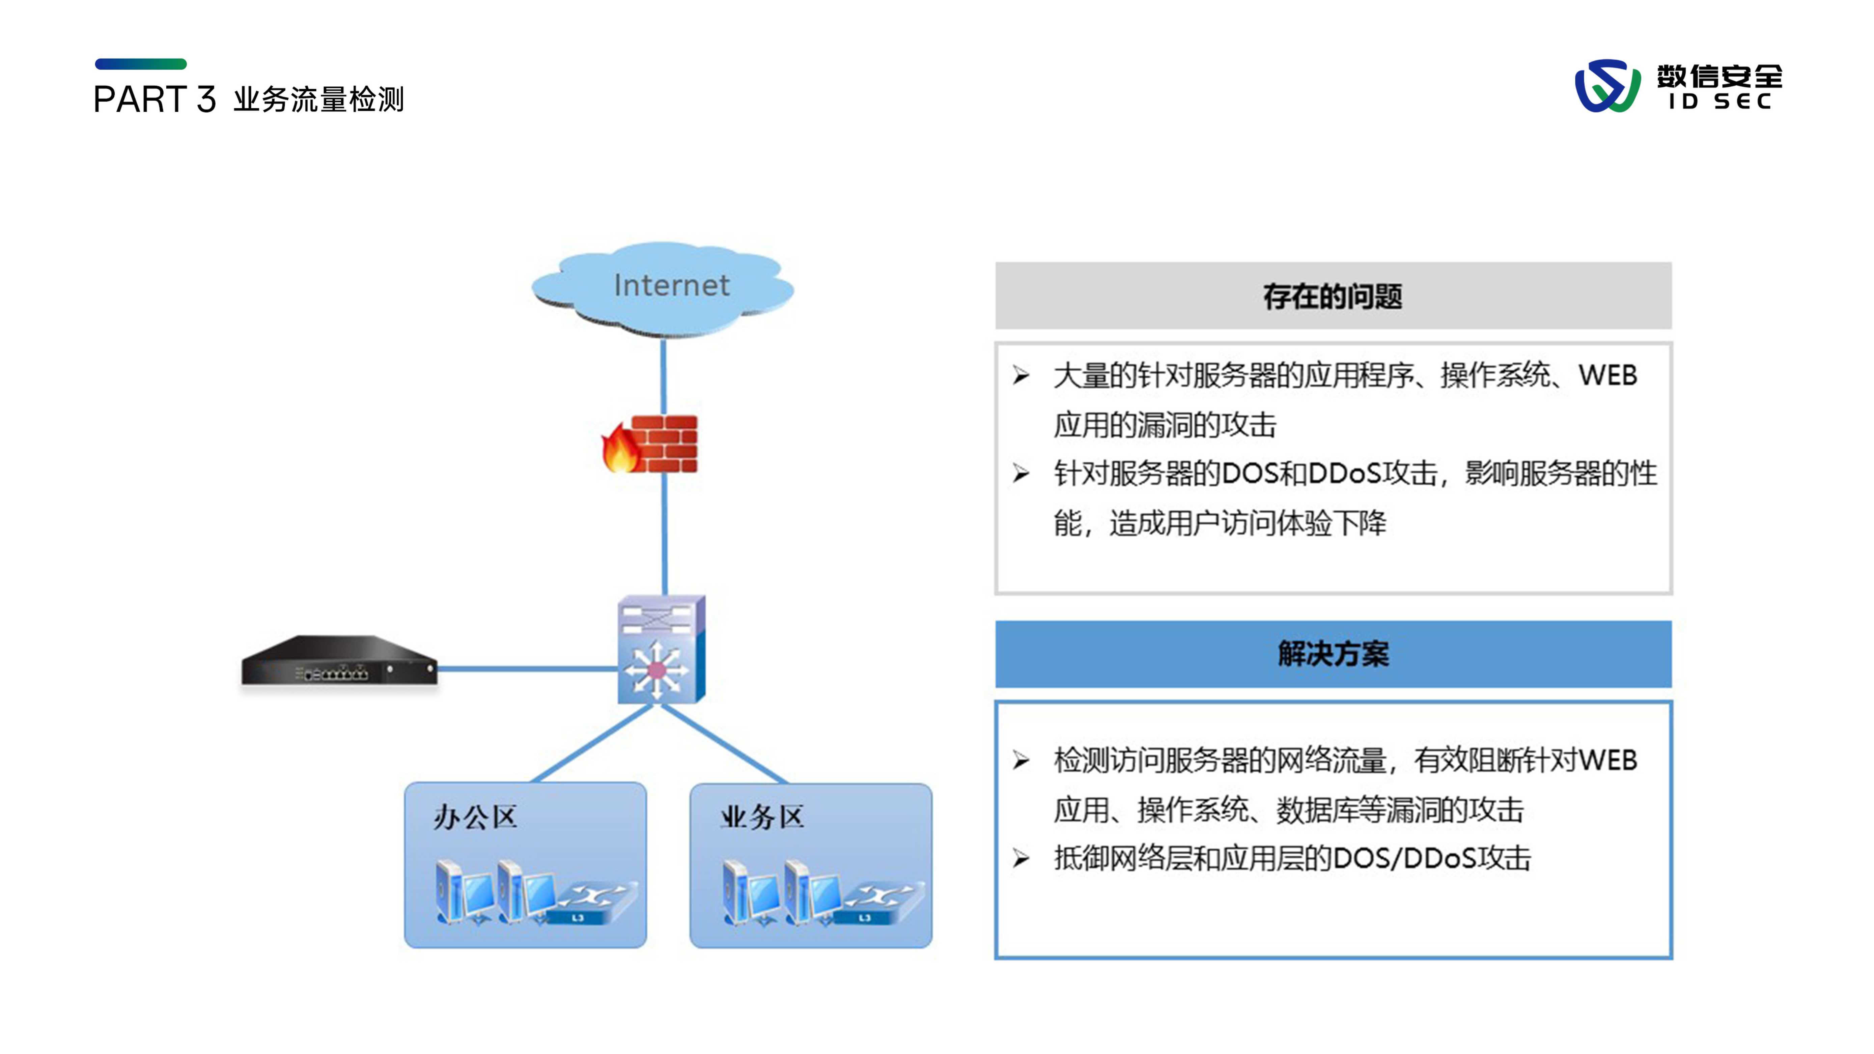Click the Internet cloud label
(x=671, y=285)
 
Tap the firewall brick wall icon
(x=664, y=444)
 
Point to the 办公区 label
(x=475, y=817)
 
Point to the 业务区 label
(x=762, y=817)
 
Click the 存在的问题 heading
(x=1333, y=296)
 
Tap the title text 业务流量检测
(x=319, y=99)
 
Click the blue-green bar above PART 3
(x=140, y=64)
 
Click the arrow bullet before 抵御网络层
(x=1020, y=859)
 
